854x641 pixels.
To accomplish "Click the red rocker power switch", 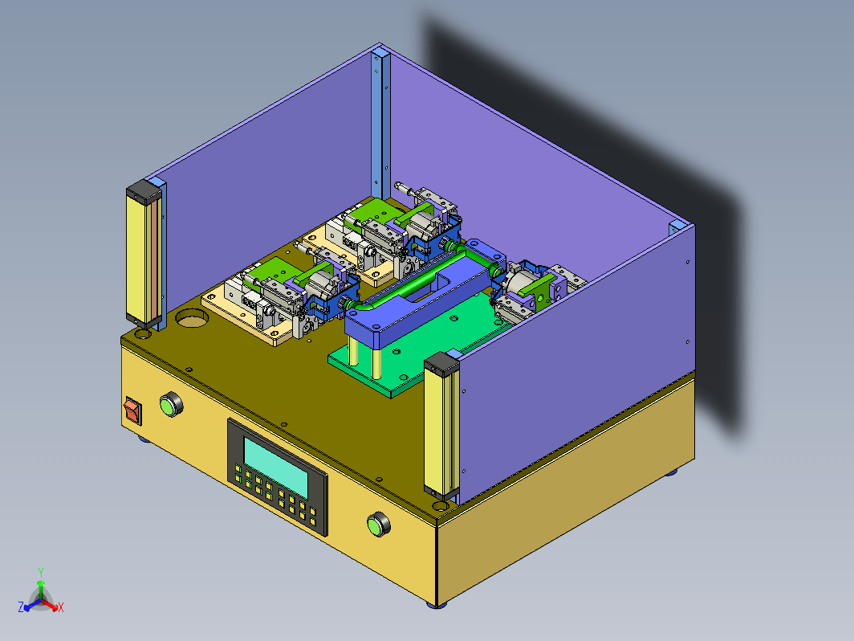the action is coord(133,410).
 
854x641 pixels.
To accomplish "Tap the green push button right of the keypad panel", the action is coord(379,525).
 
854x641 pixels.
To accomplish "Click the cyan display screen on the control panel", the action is coord(275,467).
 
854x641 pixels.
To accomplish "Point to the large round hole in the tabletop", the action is coord(192,318).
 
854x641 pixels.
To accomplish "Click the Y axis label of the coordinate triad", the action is coord(41,572).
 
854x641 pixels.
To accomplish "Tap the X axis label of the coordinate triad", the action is coord(60,607).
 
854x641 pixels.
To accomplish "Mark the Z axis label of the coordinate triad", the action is coord(21,607).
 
